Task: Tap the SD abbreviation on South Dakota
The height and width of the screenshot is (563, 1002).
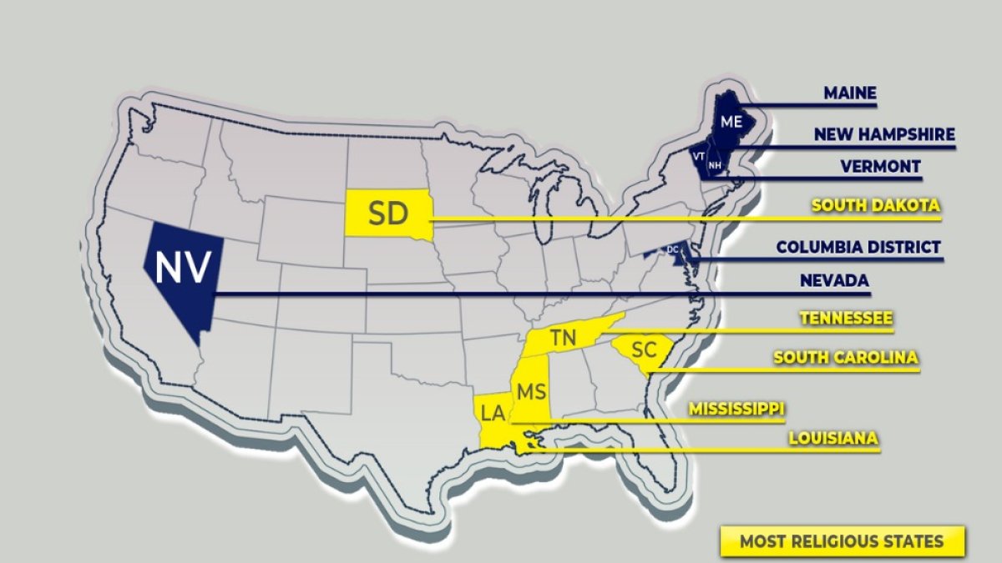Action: click(x=387, y=214)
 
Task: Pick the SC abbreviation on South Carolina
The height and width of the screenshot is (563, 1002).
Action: click(x=644, y=349)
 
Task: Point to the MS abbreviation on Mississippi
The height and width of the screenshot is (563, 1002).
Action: click(x=531, y=391)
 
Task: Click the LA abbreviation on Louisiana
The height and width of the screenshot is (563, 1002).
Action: click(x=493, y=411)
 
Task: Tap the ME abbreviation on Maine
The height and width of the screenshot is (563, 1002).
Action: click(x=731, y=122)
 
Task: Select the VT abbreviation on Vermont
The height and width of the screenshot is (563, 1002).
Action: click(x=698, y=156)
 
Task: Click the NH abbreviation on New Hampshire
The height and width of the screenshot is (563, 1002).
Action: click(x=714, y=165)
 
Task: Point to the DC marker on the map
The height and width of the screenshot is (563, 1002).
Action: click(x=672, y=249)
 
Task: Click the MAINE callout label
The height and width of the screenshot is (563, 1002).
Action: click(x=850, y=93)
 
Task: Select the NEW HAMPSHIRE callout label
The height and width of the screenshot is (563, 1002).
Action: click(x=884, y=133)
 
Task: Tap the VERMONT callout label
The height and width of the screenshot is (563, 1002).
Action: click(x=880, y=166)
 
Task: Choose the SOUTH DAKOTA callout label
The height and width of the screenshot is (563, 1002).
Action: click(x=876, y=205)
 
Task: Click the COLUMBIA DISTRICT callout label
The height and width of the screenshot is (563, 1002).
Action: click(x=858, y=247)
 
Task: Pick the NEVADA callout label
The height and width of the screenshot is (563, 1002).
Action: click(x=833, y=281)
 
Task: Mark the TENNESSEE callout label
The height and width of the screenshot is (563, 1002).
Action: click(x=846, y=318)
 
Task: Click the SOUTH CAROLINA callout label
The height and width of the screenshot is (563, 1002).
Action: click(x=846, y=357)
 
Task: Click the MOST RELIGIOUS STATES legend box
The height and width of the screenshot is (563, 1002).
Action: click(x=842, y=541)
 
